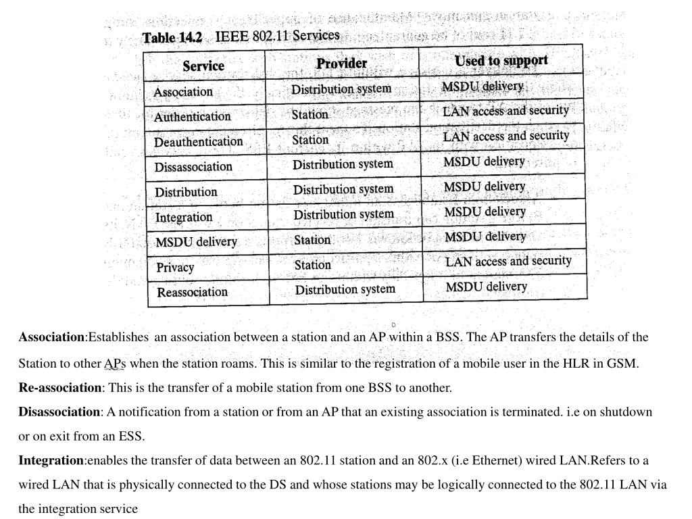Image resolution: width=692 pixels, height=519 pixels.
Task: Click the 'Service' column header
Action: [203, 66]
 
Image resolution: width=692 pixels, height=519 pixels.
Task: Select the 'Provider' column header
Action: [341, 63]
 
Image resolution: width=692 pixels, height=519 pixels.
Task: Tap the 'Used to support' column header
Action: [501, 61]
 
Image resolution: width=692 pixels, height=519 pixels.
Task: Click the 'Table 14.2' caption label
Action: [172, 38]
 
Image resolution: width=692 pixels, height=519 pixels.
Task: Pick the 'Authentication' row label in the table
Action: [192, 116]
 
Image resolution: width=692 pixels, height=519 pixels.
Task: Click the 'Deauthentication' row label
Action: [198, 141]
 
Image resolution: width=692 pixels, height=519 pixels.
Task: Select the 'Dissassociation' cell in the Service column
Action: [193, 166]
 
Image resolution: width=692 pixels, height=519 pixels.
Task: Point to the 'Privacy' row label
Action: [175, 267]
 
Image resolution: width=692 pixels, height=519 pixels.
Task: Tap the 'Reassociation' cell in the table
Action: [193, 292]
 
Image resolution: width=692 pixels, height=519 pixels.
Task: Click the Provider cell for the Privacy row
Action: [312, 265]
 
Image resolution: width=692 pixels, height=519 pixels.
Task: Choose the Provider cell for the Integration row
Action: [343, 214]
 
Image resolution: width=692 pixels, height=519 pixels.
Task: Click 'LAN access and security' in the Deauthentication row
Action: [506, 136]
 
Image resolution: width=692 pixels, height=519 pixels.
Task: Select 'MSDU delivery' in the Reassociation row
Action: [486, 287]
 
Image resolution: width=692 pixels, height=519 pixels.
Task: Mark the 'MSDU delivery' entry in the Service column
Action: [196, 242]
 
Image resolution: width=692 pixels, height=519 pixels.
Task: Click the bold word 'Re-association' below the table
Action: [59, 387]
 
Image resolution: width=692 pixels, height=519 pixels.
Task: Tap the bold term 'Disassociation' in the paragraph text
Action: [59, 412]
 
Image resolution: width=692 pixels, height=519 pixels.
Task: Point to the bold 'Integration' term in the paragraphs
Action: [51, 460]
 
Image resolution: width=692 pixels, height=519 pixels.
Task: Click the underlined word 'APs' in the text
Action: [115, 364]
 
